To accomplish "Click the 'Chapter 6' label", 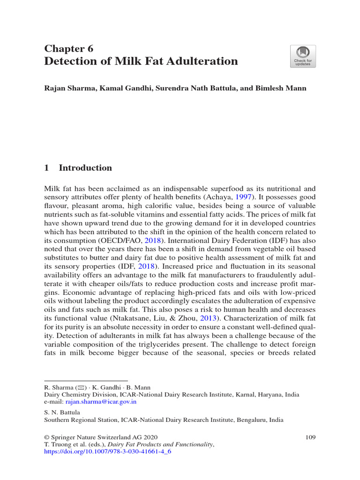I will point(68,49).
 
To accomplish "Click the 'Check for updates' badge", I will point(302,56).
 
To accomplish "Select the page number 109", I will point(310,437).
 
